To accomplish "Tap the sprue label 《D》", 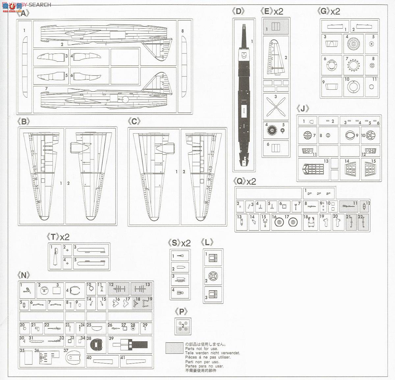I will [x=238, y=12].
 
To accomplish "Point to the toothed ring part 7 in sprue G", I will [x=353, y=64].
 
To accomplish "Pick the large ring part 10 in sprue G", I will [x=353, y=87].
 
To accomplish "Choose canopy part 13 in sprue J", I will [x=313, y=169].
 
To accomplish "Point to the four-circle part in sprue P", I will [x=183, y=326].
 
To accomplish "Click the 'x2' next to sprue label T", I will [x=65, y=237].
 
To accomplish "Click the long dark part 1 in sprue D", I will [x=244, y=96].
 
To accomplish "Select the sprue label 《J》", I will [x=303, y=109].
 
